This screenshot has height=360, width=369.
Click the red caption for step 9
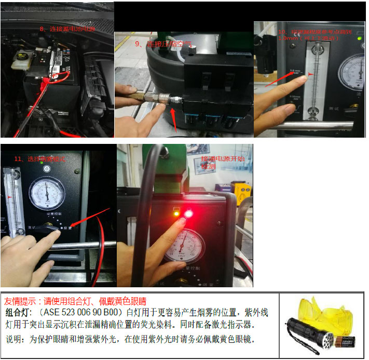coord(163,44)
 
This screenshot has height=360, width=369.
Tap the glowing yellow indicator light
coord(177,213)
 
